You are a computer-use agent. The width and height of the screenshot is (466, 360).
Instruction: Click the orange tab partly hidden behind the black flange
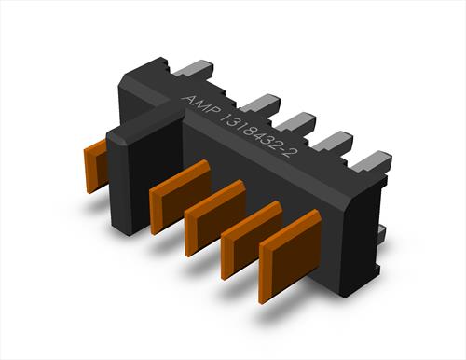(x=96, y=166)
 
